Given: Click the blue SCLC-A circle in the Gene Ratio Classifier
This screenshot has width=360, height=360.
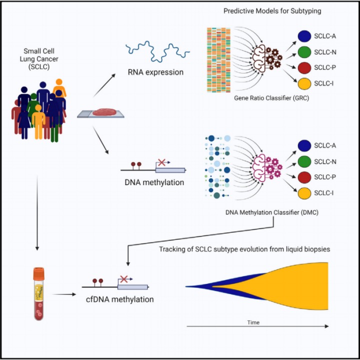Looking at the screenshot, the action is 304,36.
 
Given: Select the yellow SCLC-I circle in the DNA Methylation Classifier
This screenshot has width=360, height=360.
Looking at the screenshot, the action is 304,193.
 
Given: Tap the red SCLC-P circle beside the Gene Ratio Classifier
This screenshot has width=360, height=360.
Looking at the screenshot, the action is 304,67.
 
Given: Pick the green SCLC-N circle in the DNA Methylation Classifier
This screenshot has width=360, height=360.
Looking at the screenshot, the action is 304,161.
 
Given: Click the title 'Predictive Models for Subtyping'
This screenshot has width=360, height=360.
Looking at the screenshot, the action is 272,11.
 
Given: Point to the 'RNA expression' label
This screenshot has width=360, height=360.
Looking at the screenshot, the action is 155,72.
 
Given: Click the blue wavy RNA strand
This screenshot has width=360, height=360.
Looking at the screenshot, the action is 157,51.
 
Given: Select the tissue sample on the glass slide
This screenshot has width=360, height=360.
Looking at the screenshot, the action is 104,112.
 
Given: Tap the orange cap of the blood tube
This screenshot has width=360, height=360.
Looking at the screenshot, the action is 38,273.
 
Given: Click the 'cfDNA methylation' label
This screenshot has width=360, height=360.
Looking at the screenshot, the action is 120,299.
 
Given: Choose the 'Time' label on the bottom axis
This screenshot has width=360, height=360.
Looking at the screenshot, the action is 253,322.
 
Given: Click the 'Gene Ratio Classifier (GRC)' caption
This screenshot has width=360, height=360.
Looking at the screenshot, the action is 271,98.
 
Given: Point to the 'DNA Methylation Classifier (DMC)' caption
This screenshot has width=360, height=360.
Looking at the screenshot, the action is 272,212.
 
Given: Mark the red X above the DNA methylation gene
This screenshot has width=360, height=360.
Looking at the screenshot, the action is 161,162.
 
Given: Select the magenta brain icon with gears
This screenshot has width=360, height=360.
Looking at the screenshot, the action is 267,166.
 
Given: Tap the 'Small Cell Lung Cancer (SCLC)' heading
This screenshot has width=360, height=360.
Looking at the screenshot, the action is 39,59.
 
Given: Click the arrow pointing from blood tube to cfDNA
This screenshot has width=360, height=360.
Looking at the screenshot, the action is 64,294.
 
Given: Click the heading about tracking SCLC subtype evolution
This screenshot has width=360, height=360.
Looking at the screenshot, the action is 244,249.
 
